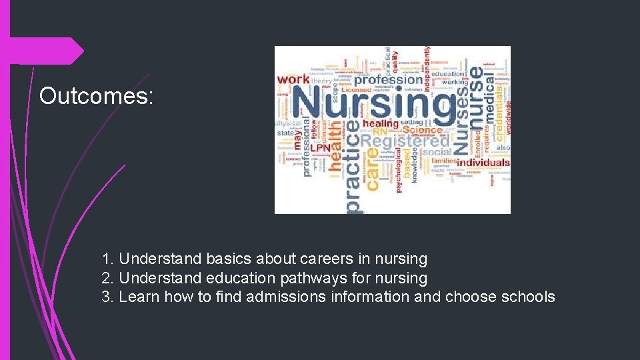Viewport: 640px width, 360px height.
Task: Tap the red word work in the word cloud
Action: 293,80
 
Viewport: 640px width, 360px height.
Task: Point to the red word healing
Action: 381,124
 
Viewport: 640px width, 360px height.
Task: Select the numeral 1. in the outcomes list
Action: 108,259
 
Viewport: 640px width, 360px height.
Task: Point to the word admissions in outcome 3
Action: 286,297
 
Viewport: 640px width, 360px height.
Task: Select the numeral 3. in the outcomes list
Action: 108,297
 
